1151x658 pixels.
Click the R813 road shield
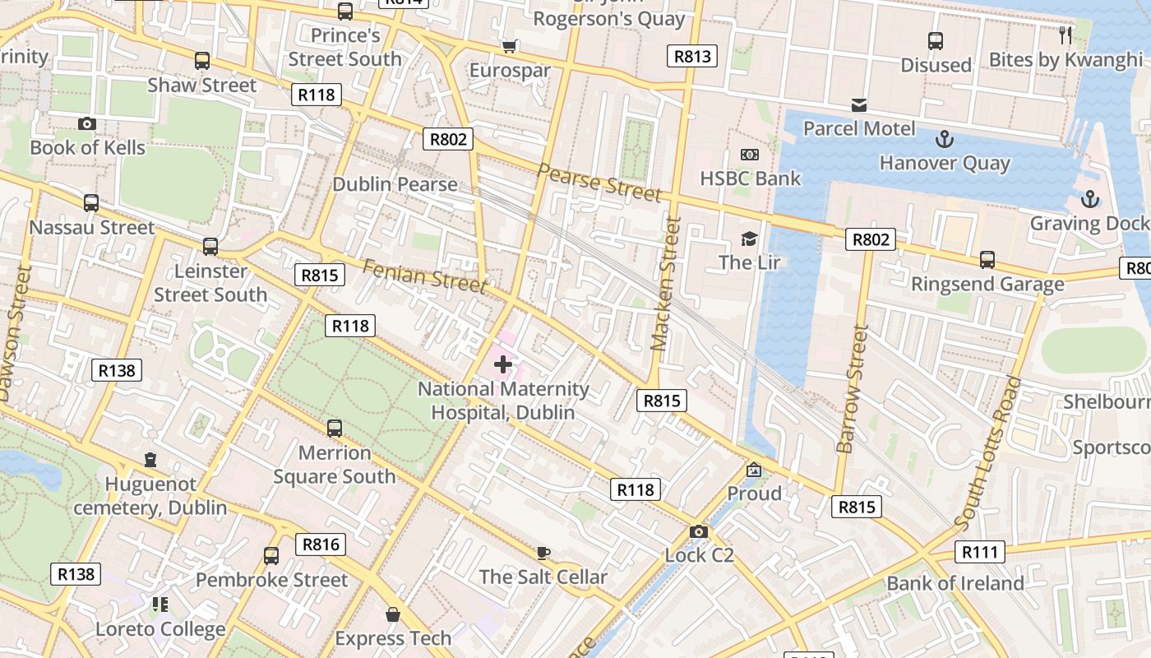point(691,56)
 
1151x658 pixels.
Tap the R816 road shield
point(321,544)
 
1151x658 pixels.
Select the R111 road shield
point(979,552)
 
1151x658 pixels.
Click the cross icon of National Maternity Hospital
point(503,364)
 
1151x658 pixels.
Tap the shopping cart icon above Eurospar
point(510,46)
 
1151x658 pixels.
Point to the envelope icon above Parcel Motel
point(859,104)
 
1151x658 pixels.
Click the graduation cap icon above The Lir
point(749,239)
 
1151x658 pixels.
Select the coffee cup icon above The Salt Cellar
point(543,553)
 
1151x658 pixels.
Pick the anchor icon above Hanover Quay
point(945,138)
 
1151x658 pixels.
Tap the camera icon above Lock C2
point(699,531)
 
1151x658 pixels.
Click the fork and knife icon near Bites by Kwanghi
point(1065,35)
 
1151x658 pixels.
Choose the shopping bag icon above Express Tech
point(393,614)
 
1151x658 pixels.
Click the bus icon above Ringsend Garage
point(987,260)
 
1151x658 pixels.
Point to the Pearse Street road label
point(599,182)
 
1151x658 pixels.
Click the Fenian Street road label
point(424,276)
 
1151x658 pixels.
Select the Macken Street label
point(666,284)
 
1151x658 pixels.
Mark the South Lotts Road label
point(989,452)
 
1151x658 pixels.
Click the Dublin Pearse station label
point(395,183)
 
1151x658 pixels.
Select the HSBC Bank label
point(750,178)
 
